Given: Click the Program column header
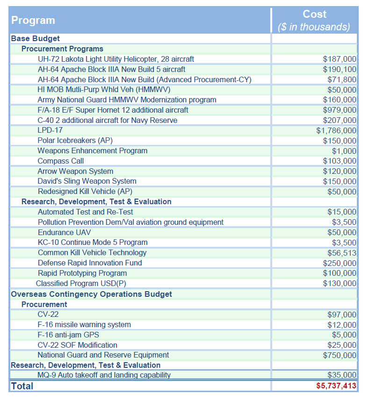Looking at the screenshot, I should [x=33, y=21].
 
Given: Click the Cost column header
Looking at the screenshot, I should [x=314, y=14].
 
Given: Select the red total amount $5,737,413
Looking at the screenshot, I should [x=336, y=386].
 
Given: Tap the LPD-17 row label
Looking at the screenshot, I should [x=50, y=130].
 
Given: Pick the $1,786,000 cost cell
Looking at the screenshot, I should [x=336, y=130].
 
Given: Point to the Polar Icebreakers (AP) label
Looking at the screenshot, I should [x=75, y=141].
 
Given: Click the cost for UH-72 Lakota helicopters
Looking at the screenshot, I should [x=340, y=59].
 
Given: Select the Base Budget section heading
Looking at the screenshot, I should [x=36, y=39].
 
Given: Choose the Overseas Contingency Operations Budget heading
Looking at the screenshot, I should [x=91, y=294].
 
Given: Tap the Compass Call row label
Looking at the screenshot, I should [x=61, y=161].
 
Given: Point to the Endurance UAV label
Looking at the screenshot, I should [x=64, y=232].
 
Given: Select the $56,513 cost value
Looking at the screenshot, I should [x=342, y=253].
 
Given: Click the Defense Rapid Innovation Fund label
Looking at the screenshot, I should [x=90, y=263].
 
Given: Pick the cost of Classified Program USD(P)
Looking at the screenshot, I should [x=340, y=283].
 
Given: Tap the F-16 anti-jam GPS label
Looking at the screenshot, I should [x=68, y=335].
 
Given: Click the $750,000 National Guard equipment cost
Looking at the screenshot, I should [x=340, y=355].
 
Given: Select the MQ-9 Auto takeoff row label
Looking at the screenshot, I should [x=104, y=375].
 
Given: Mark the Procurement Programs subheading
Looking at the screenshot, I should [x=62, y=49].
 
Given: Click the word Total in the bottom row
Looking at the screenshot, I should [x=22, y=386].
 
